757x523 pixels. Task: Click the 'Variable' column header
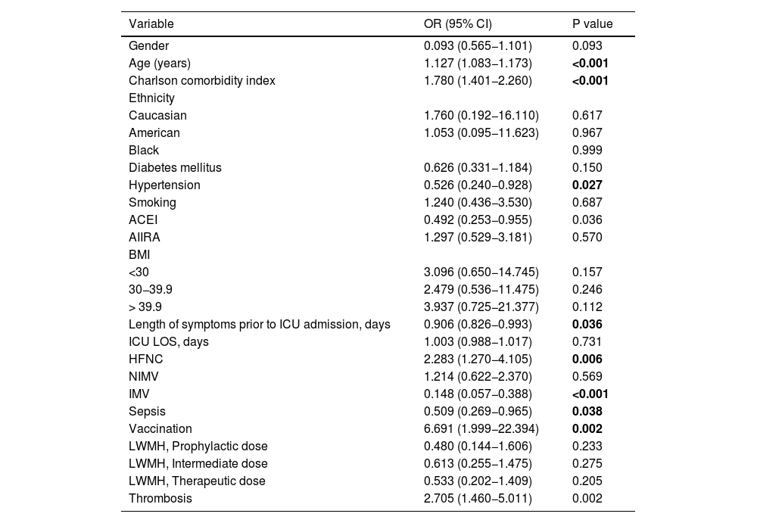click(x=151, y=23)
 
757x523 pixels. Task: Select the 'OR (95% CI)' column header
click(x=458, y=23)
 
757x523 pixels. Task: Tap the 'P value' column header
click(x=593, y=23)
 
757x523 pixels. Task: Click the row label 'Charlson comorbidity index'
click(x=202, y=81)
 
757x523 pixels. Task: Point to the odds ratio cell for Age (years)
click(x=478, y=64)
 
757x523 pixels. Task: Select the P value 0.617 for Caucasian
click(x=587, y=115)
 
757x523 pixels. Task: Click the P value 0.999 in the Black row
click(x=587, y=150)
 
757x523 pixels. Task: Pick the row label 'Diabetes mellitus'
click(x=175, y=167)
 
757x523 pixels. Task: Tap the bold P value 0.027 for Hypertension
click(x=587, y=185)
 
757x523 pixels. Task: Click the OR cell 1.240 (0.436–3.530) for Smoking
click(x=478, y=202)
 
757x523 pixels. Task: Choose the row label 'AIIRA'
click(x=145, y=237)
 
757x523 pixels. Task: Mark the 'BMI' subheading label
click(x=139, y=254)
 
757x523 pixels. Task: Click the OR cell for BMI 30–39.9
click(x=481, y=289)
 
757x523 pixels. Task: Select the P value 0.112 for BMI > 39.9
click(x=587, y=307)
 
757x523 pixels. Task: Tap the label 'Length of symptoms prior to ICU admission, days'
click(x=259, y=324)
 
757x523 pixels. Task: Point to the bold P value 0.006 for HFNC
click(x=587, y=359)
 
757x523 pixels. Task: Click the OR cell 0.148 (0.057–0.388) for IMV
click(x=478, y=394)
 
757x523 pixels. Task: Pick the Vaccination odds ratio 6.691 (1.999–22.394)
click(x=481, y=429)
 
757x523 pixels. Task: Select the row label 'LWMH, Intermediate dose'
click(x=198, y=464)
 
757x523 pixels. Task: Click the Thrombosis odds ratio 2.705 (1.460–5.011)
click(x=478, y=498)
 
